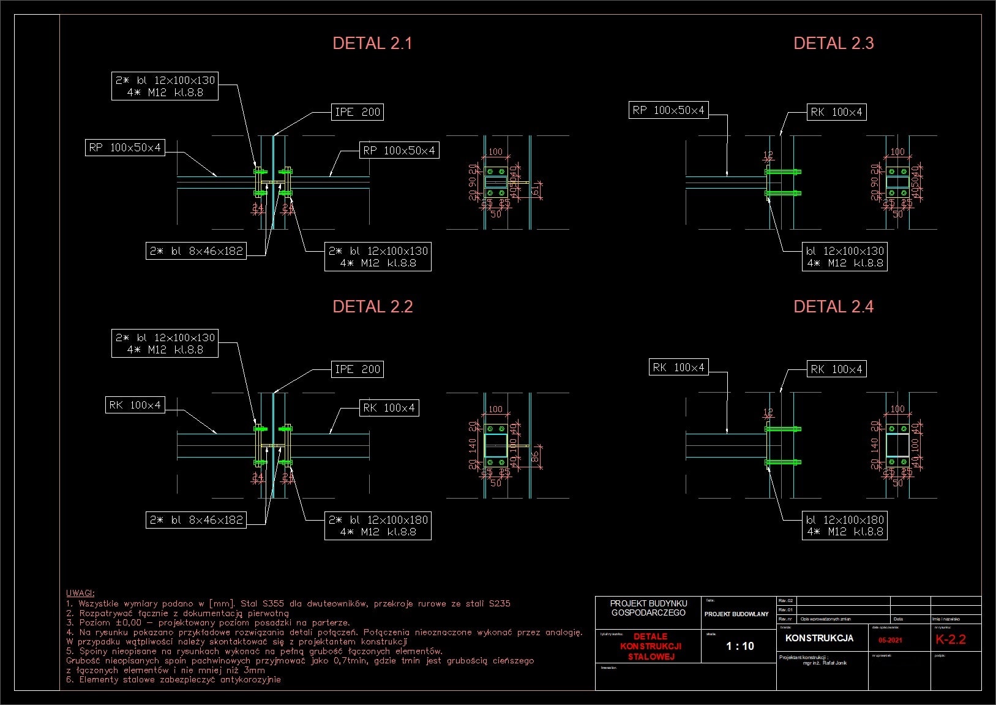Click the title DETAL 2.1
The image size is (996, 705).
[372, 43]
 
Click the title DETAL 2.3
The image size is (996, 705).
[833, 43]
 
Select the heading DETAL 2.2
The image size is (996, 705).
[372, 307]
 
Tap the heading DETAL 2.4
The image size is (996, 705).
[833, 307]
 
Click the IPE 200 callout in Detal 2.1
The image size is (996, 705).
[358, 112]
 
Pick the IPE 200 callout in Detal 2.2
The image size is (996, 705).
[358, 369]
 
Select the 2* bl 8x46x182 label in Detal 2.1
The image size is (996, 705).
[197, 251]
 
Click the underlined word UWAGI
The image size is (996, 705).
[80, 593]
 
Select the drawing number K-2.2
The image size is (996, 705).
[950, 639]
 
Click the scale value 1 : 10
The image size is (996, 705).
[740, 646]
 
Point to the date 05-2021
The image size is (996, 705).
[889, 640]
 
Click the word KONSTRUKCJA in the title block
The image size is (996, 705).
[819, 638]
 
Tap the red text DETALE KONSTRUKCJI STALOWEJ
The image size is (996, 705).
[650, 647]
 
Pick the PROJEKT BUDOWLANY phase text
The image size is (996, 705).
[736, 614]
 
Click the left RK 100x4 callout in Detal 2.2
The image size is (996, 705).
[135, 405]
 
